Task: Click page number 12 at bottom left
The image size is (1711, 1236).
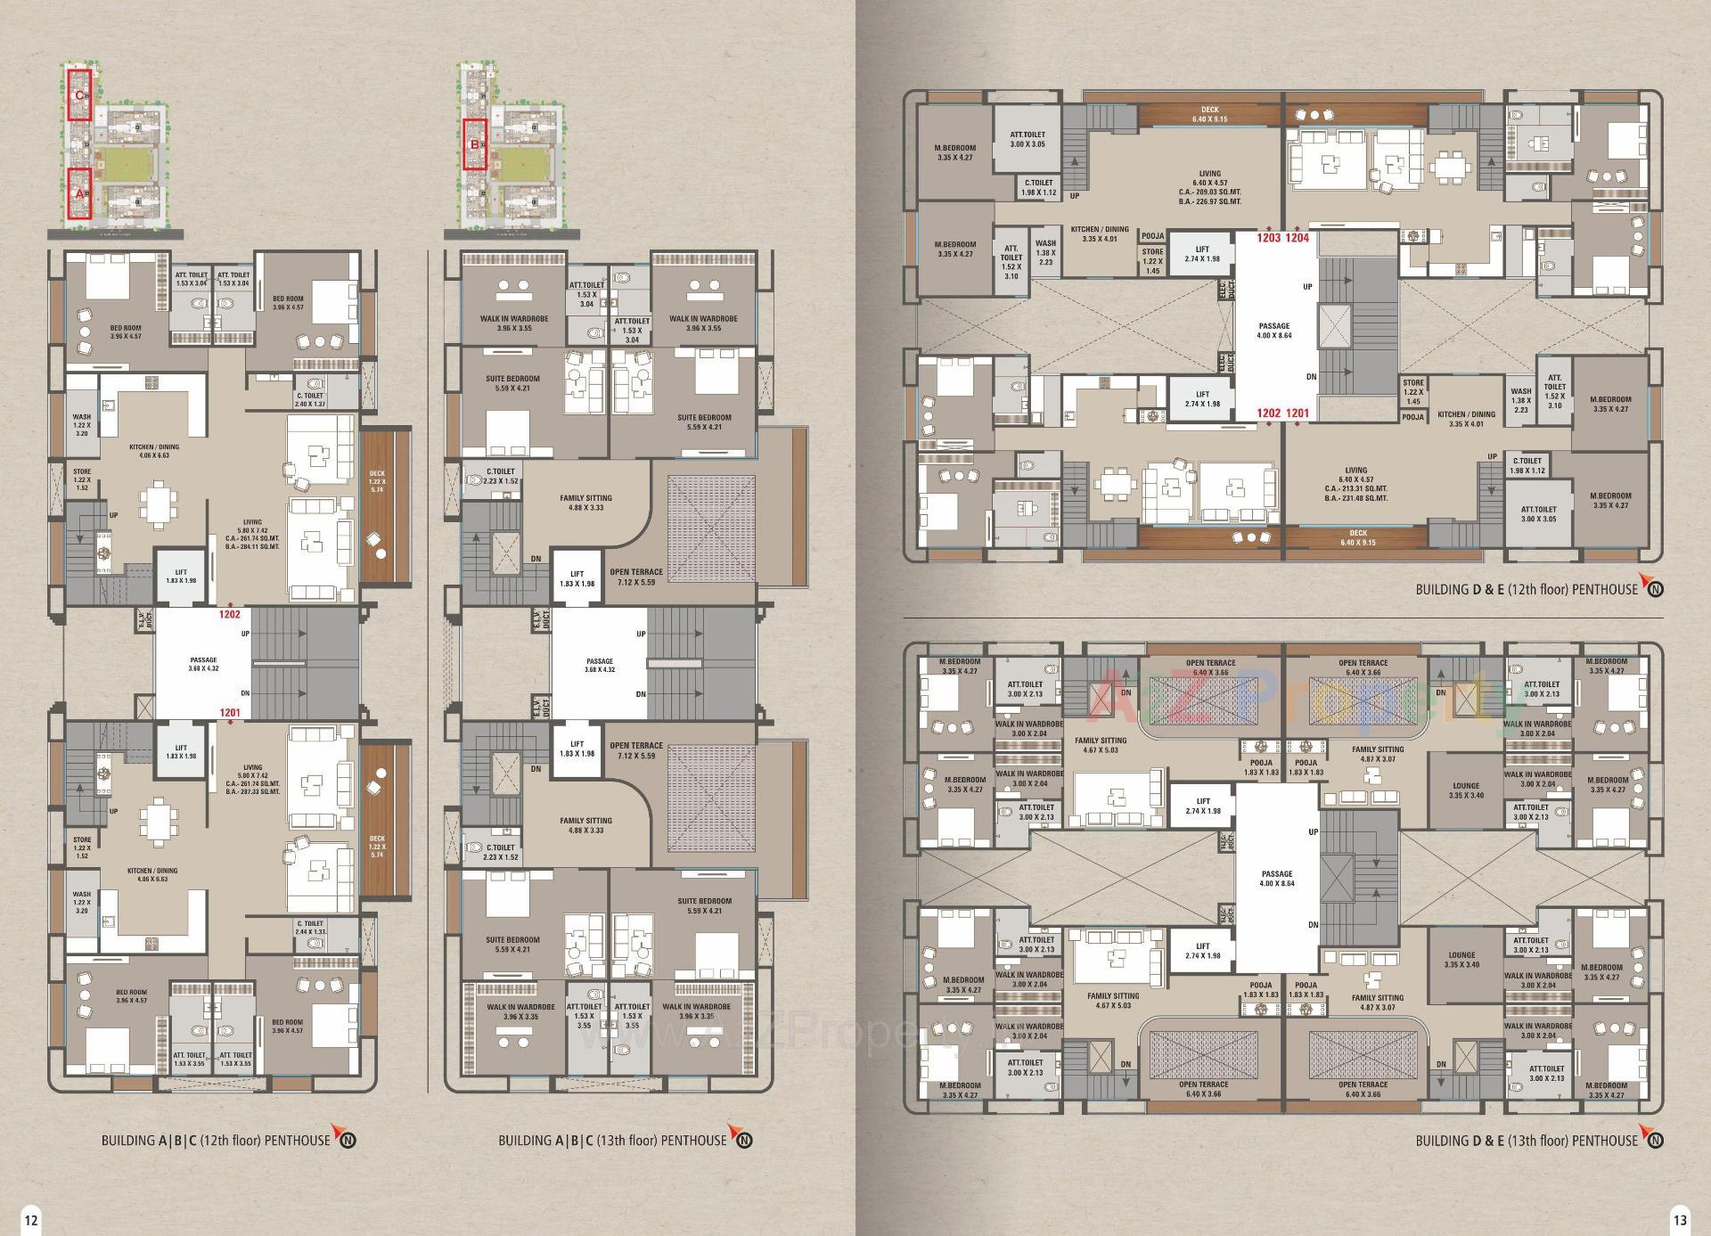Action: tap(31, 1220)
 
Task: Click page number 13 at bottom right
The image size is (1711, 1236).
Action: tap(1679, 1220)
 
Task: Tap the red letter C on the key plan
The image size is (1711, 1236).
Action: tap(79, 94)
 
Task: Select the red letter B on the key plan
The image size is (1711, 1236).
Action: tap(474, 144)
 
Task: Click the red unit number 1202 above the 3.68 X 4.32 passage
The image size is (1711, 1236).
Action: tap(230, 614)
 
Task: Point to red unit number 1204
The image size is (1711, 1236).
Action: tap(1297, 238)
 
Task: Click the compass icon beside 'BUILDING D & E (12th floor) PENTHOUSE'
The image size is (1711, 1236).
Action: tap(1655, 588)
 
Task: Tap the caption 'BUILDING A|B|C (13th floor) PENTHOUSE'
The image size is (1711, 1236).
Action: tap(612, 1140)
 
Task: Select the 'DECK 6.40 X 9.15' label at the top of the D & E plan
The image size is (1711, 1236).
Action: tap(1209, 114)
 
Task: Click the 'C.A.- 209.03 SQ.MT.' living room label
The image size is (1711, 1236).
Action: tap(1209, 192)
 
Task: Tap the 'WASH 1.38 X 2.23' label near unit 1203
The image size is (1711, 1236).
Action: tap(1045, 252)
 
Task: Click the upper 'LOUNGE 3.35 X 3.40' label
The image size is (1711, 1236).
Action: tap(1466, 790)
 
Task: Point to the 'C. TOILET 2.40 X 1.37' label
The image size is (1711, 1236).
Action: tap(310, 399)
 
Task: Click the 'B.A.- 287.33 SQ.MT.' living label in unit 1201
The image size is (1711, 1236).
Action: tap(252, 791)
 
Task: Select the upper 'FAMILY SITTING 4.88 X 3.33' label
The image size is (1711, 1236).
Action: tap(585, 503)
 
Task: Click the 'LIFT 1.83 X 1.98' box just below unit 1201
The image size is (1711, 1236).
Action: tap(181, 752)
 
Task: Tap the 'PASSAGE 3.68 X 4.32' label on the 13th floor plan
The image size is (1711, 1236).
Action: tap(600, 665)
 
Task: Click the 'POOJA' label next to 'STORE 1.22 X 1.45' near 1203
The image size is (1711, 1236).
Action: tap(1153, 236)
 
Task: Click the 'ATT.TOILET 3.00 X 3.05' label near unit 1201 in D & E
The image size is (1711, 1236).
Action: tap(1538, 513)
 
